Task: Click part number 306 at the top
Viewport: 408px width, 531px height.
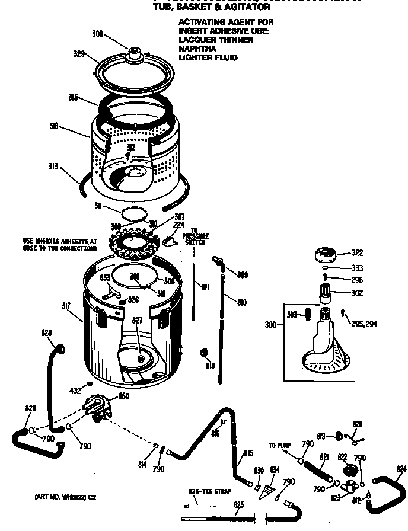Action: point(98,34)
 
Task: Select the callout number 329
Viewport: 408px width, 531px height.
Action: point(81,55)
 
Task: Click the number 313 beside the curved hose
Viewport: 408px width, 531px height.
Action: point(53,167)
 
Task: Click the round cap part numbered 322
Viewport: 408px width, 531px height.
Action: point(325,254)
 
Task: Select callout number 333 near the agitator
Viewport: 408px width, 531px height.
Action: point(356,267)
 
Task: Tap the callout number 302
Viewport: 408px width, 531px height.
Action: point(356,293)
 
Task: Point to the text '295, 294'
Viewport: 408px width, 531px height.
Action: point(363,324)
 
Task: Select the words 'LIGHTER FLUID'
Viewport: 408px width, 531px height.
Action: point(208,57)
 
